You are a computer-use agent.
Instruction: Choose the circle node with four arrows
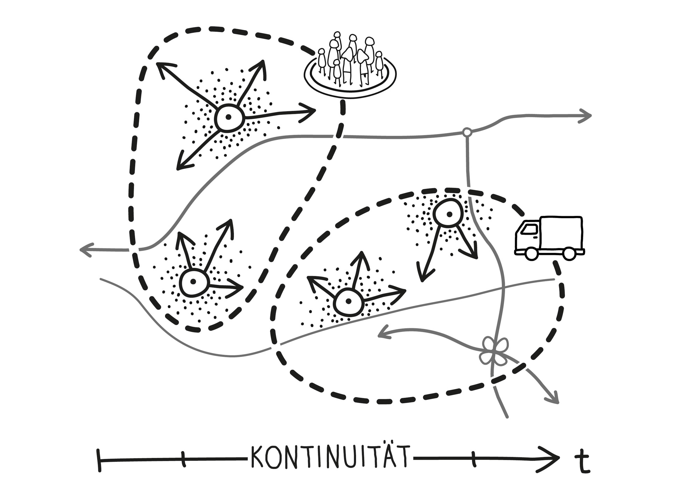(228, 117)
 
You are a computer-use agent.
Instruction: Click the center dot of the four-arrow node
(228, 117)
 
